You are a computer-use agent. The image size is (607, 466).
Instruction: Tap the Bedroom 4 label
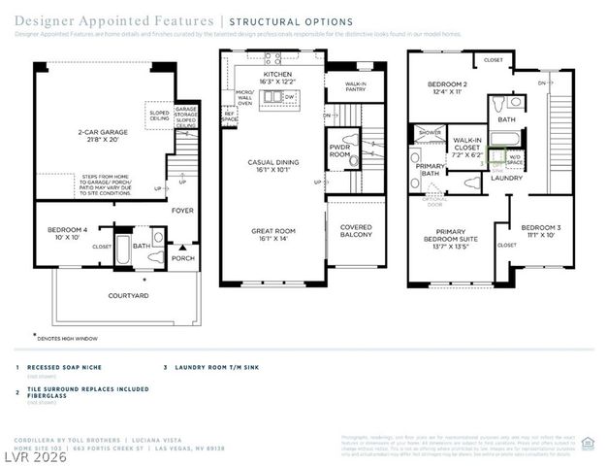click(x=66, y=233)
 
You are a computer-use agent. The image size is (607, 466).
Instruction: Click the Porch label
click(x=183, y=259)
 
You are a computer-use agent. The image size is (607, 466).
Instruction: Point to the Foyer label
click(x=182, y=210)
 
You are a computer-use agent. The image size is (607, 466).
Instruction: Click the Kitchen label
click(x=276, y=78)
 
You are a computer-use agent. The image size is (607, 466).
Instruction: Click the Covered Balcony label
click(x=356, y=230)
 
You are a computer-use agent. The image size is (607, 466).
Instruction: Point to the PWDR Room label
click(x=339, y=150)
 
